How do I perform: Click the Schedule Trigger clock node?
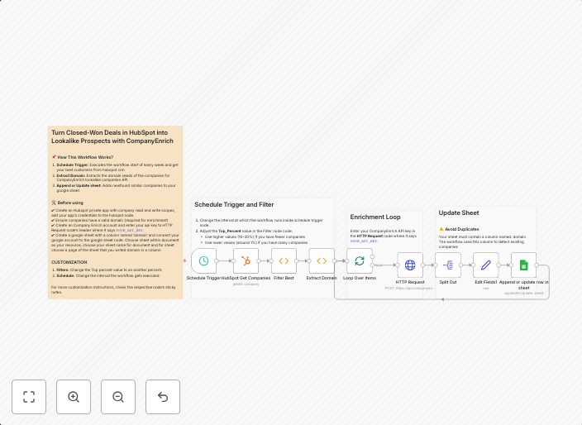coord(203,261)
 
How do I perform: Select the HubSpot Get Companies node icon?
coord(246,261)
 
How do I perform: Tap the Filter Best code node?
coord(284,261)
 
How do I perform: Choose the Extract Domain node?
coord(322,261)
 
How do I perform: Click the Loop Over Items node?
coord(360,261)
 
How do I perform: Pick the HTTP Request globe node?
coord(410,265)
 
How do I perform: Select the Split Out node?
coord(448,265)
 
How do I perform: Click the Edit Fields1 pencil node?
coord(486,265)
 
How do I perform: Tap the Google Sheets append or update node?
coord(523,265)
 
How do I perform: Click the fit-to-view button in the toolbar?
coord(29,397)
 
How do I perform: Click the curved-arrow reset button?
coord(163,397)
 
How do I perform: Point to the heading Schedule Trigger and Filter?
coord(234,204)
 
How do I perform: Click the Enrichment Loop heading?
coord(375,217)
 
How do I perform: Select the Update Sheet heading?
coord(459,212)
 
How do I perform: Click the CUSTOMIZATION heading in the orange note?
coord(69,262)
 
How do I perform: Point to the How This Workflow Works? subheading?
coord(85,156)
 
